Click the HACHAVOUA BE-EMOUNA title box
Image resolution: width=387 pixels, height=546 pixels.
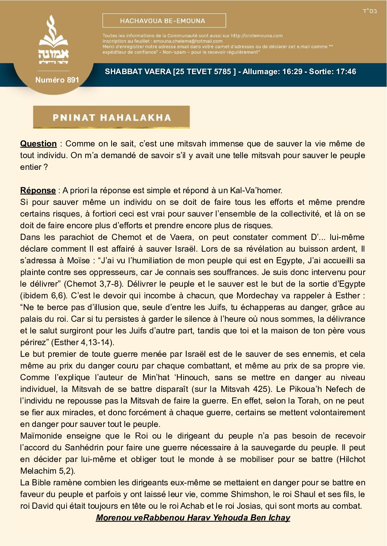pos(164,21)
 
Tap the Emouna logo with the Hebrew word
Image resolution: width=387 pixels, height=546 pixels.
pos(53,40)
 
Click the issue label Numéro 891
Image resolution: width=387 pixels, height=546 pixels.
pos(57,80)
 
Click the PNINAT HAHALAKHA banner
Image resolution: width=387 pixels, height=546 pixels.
pos(112,117)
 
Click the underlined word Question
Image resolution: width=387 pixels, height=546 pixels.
pos(38,144)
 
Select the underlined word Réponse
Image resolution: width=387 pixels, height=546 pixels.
pos(38,190)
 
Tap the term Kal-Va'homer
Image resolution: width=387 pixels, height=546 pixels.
pos(256,190)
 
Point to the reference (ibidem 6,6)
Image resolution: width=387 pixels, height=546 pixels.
pos(43,295)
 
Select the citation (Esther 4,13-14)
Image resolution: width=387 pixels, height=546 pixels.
pos(83,342)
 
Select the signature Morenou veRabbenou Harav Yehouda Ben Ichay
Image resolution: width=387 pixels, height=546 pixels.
pos(193,518)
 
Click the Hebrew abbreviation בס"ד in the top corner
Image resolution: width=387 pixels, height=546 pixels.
pos(370,11)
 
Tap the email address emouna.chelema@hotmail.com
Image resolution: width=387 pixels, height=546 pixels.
pos(188,41)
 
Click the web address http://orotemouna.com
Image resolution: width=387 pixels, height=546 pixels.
pos(257,36)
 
